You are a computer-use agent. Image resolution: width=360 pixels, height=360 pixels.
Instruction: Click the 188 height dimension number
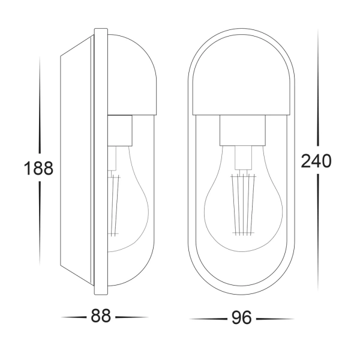click(39, 169)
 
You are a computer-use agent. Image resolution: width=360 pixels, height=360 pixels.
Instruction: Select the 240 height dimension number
click(317, 161)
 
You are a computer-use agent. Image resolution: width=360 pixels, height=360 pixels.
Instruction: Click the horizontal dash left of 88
click(76, 317)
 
